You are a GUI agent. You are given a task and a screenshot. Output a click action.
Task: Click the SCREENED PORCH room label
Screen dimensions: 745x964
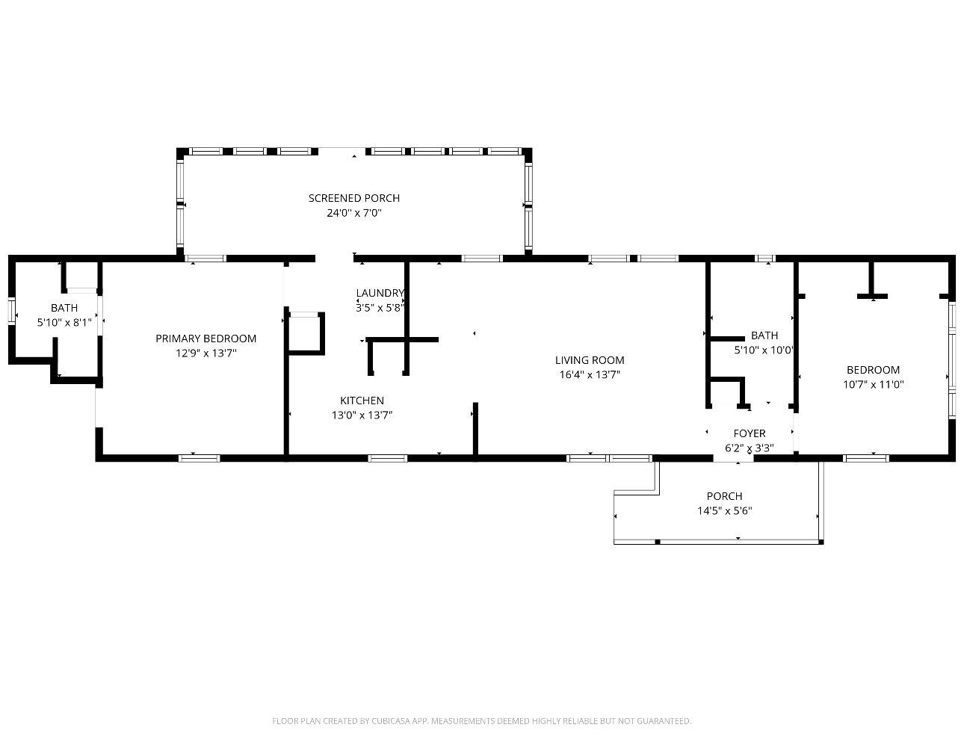(x=353, y=198)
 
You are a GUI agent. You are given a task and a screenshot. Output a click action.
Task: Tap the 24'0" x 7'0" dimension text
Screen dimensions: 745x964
(x=353, y=213)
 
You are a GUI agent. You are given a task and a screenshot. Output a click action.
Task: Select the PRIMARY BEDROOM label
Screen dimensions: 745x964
(x=206, y=339)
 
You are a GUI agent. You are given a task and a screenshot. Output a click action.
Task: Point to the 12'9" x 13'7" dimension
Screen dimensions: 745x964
(x=206, y=353)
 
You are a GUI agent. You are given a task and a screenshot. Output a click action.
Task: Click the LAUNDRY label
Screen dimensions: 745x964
(x=380, y=293)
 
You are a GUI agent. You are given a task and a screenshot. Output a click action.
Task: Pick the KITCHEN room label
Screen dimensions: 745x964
(x=362, y=401)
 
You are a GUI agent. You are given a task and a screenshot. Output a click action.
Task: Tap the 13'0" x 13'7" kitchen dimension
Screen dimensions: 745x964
(x=362, y=415)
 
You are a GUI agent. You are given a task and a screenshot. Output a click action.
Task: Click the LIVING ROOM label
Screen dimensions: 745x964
(x=589, y=360)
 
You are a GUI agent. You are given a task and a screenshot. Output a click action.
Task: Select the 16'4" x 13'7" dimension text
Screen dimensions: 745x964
(x=589, y=375)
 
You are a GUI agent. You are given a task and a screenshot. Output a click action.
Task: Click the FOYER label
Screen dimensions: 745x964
(x=749, y=433)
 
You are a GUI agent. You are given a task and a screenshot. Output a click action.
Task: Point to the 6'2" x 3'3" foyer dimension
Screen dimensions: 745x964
(x=749, y=448)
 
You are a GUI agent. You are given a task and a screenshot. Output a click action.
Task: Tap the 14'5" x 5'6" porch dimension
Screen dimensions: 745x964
(x=724, y=511)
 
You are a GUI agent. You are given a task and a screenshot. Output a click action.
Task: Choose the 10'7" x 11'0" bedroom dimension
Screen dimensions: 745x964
(x=873, y=385)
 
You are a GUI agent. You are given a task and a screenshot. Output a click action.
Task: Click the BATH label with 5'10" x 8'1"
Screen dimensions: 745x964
(x=64, y=308)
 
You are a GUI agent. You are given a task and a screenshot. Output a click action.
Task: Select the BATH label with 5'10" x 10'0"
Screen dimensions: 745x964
(x=764, y=336)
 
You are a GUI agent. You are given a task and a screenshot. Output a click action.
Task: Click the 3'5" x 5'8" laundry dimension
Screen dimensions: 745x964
(x=380, y=307)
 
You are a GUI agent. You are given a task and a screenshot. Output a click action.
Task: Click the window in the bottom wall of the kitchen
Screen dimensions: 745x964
(x=387, y=458)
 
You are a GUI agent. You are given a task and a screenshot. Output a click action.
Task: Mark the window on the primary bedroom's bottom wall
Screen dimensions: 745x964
(x=199, y=458)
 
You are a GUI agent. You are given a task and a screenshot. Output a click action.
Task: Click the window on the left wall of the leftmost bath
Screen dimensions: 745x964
(x=12, y=311)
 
